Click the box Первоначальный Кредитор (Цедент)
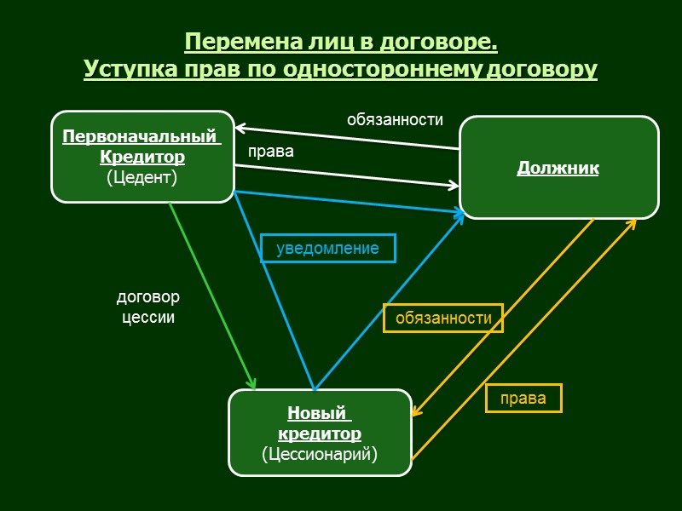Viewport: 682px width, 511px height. click(142, 157)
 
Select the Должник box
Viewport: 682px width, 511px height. click(558, 168)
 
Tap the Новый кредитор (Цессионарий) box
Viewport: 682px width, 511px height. click(320, 433)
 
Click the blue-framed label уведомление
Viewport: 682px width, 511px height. click(327, 248)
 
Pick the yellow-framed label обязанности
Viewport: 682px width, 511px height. click(443, 318)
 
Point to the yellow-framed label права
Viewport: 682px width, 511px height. click(523, 399)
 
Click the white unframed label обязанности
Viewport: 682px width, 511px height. click(395, 120)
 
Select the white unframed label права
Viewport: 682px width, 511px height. click(270, 152)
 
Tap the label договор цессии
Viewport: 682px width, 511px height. click(148, 307)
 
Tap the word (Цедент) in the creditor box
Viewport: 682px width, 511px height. click(142, 177)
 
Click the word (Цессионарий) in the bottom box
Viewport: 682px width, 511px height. click(319, 453)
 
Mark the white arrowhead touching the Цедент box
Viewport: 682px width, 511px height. click(240, 130)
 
